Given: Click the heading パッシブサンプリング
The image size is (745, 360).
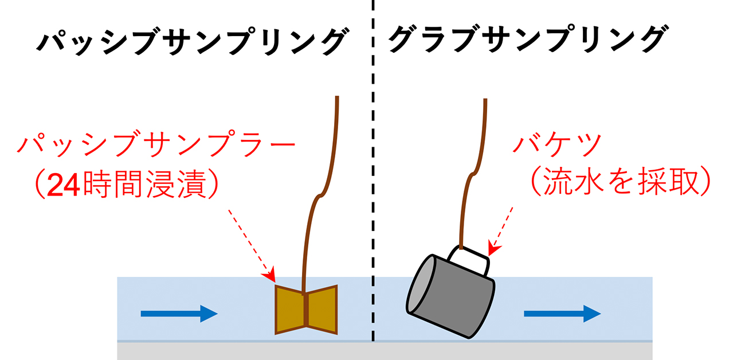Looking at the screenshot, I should [x=191, y=42].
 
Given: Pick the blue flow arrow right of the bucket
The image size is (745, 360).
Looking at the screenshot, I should [x=562, y=313].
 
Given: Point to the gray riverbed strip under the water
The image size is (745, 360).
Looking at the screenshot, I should [x=384, y=351].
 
